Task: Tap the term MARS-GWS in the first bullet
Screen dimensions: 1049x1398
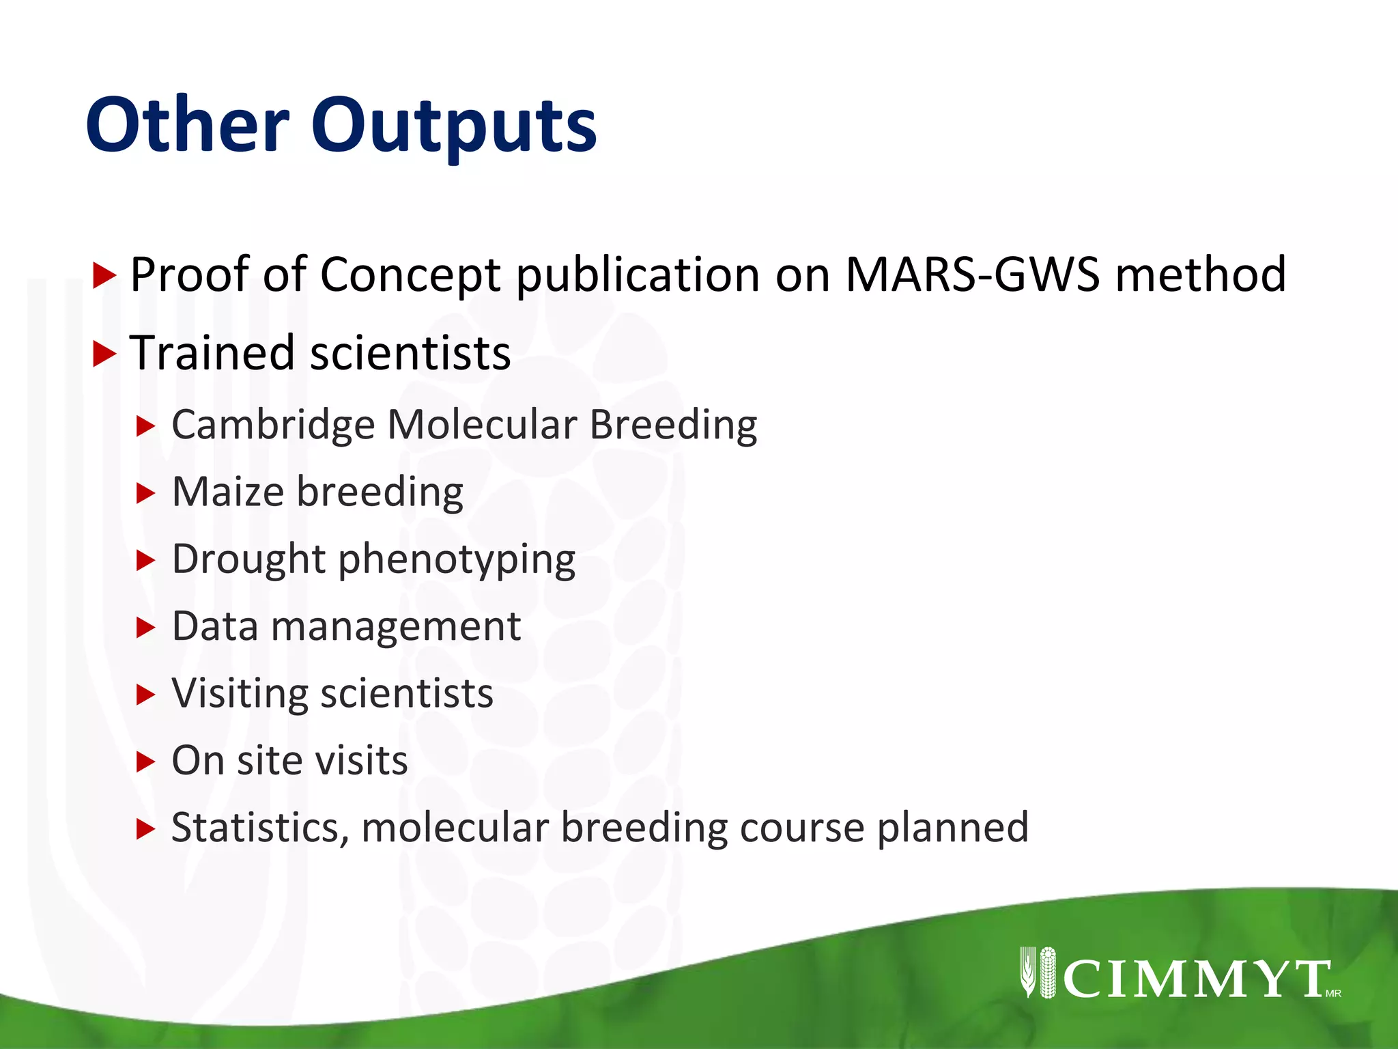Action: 972,275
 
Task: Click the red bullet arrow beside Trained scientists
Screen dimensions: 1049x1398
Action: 104,354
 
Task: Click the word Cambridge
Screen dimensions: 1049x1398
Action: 273,425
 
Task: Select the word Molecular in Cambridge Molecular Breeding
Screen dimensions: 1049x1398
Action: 482,425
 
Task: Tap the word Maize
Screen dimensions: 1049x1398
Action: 228,492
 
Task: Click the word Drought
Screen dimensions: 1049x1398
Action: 248,559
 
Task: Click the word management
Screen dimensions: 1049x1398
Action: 396,626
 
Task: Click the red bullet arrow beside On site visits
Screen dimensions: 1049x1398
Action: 145,761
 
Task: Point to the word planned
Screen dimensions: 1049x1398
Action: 952,828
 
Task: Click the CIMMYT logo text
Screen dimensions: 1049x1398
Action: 1195,979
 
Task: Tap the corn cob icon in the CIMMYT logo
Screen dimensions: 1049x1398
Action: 1046,973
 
